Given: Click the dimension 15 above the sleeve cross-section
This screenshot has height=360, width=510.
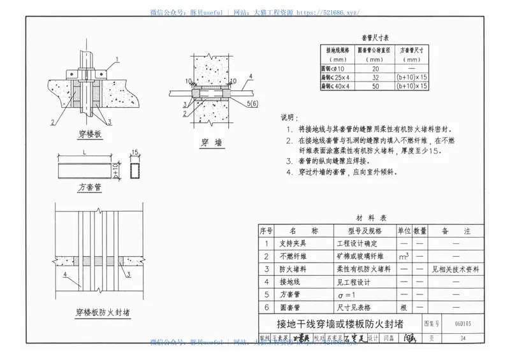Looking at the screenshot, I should (134, 153).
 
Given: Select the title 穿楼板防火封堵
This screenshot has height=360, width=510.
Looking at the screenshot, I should (98, 313).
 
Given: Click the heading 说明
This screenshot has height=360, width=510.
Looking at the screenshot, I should (289, 118).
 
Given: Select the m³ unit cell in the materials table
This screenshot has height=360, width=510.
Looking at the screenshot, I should (404, 256).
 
